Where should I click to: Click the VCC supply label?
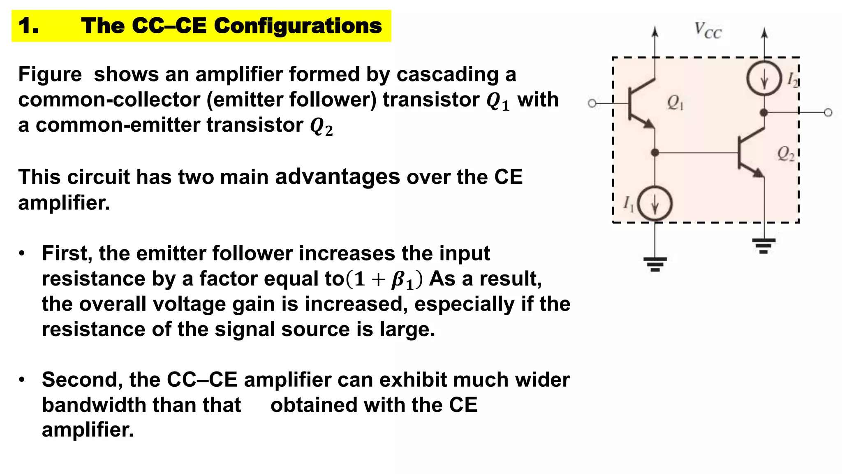click(708, 30)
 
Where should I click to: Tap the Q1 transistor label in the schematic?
click(675, 102)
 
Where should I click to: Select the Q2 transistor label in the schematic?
click(786, 154)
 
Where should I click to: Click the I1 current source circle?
click(655, 204)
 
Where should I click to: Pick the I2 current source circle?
click(764, 78)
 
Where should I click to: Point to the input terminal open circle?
click(592, 103)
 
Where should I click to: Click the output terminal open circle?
click(828, 112)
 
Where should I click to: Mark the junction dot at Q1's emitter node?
click(655, 153)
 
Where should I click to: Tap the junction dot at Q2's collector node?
click(764, 112)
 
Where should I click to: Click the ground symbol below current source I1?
click(655, 264)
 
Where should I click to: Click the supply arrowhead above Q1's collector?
click(655, 32)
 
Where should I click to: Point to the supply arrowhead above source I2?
click(764, 33)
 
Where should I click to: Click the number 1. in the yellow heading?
click(29, 26)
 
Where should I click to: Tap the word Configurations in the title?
click(298, 26)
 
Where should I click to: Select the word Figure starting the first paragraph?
click(50, 74)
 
